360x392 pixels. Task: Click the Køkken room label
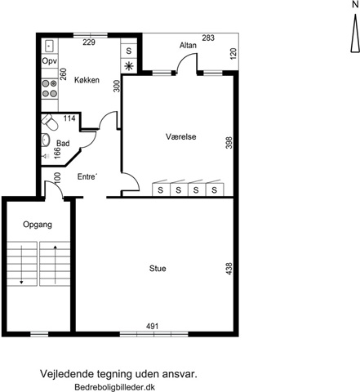coord(87,80)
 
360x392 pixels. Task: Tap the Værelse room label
coord(181,136)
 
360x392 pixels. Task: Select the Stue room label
coord(158,269)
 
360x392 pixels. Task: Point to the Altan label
coord(188,45)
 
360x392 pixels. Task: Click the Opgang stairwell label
coord(38,225)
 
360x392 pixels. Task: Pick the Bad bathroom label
coord(63,143)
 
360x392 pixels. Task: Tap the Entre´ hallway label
coord(87,176)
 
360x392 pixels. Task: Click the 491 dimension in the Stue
coord(152,326)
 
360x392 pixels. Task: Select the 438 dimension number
coord(229,269)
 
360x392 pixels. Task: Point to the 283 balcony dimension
coord(208,38)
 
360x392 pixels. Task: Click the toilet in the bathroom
coord(49,122)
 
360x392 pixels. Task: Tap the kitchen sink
coord(49,46)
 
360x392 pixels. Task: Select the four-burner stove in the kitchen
coord(50,88)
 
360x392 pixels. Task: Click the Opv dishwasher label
coord(50,61)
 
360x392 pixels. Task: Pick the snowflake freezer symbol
coord(129,66)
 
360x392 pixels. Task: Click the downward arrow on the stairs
coord(21,265)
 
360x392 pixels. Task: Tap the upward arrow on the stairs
coord(56,265)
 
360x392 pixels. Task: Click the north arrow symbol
coord(354,33)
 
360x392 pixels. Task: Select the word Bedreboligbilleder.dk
coord(115,387)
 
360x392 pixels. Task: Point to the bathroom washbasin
coord(45,140)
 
